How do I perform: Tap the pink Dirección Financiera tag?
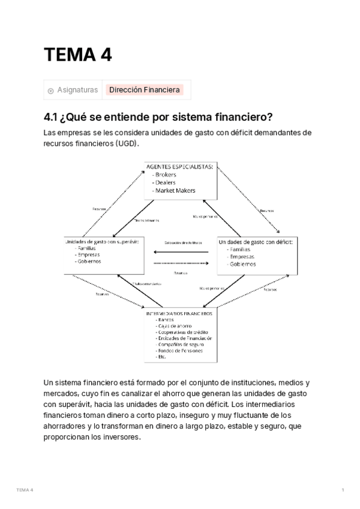[x=144, y=90]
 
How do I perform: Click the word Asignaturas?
[x=77, y=90]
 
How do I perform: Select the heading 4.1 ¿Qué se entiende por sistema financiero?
[x=158, y=116]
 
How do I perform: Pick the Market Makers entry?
[x=175, y=190]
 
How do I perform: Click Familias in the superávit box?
[x=88, y=248]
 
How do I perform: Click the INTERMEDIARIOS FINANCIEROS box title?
[x=179, y=313]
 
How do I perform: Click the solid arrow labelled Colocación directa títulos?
[x=181, y=250]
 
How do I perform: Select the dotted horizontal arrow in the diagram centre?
[x=181, y=263]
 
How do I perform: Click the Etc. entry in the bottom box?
[x=161, y=357]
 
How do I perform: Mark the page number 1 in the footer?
[x=342, y=490]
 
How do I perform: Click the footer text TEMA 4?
[x=25, y=490]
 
